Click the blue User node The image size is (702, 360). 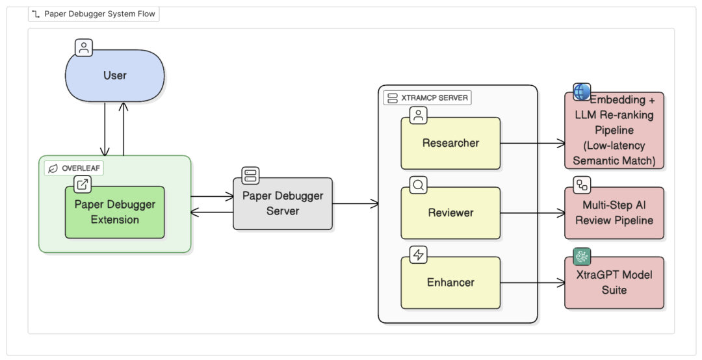pos(114,75)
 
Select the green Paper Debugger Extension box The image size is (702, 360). pos(114,212)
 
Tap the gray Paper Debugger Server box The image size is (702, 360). pos(283,203)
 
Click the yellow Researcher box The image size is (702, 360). pos(450,143)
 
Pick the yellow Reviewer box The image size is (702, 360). pos(450,213)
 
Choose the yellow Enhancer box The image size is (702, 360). pos(450,283)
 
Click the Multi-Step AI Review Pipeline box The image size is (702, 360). pos(614,213)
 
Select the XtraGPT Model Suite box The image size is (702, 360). pos(614,283)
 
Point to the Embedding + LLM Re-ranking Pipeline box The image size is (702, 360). pos(614,131)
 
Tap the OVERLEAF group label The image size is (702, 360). pos(75,168)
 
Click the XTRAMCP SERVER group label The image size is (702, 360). pos(426,98)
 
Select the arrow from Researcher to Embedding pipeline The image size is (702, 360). pos(532,143)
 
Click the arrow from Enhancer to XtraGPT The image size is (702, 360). pos(532,283)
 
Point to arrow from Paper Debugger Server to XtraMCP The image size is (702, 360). pos(356,203)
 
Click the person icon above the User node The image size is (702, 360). pos(84,47)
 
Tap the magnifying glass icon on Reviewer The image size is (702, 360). pos(418,185)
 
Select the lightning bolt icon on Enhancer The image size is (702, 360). pos(418,255)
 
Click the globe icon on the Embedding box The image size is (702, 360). pos(582,92)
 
